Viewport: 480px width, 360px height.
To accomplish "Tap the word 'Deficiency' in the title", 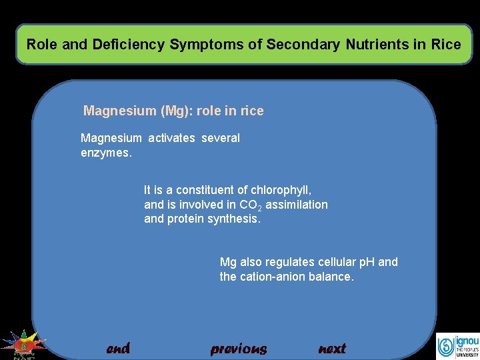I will click(x=129, y=45).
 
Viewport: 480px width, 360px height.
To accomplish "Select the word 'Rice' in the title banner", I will click(x=446, y=45).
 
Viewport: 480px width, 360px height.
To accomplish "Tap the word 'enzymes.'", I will click(x=107, y=153).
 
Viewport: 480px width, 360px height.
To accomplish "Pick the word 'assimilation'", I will click(x=297, y=205).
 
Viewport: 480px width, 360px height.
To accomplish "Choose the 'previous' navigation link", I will click(x=238, y=349).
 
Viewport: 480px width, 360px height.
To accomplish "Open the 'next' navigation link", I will click(x=332, y=349).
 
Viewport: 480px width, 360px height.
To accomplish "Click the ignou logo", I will click(x=457, y=346).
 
